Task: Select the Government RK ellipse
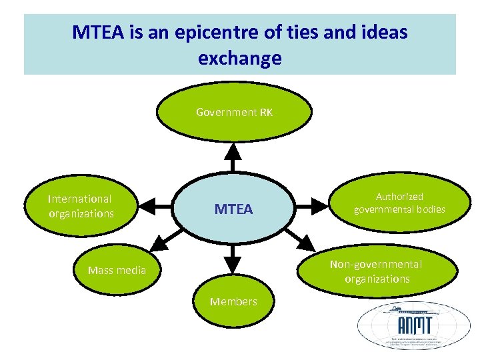click(x=234, y=113)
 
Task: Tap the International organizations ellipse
click(x=81, y=207)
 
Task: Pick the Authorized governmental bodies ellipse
click(x=399, y=203)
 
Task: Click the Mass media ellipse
click(x=117, y=271)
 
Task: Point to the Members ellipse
click(x=233, y=302)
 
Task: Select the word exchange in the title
click(x=239, y=58)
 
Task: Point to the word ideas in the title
click(x=382, y=31)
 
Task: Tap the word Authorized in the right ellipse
click(x=399, y=197)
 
